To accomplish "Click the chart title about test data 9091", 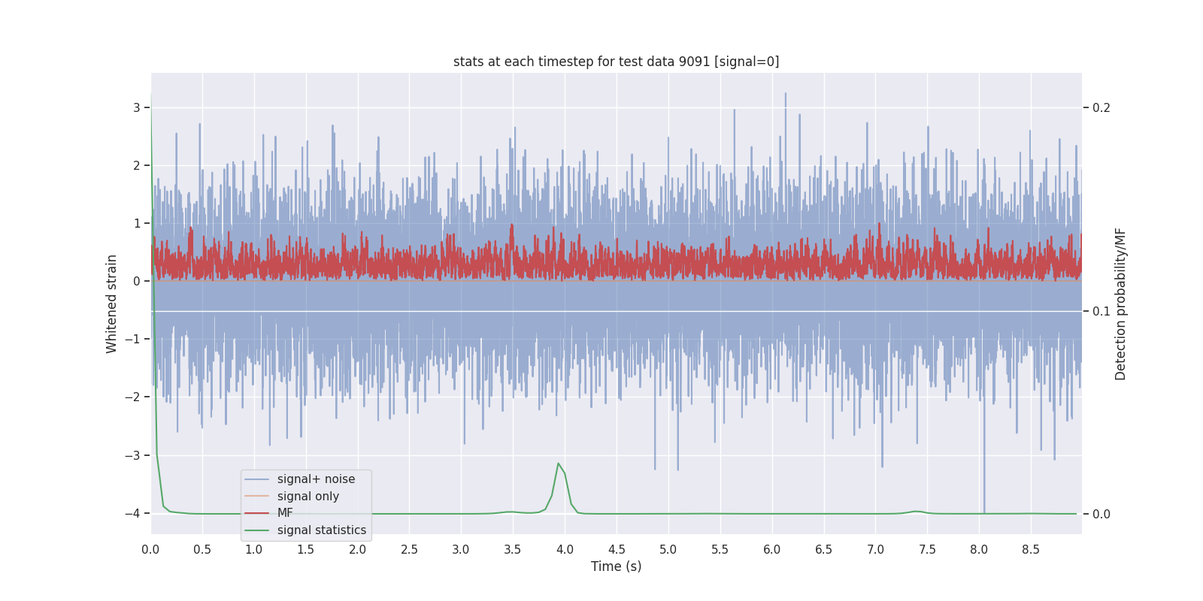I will [616, 62].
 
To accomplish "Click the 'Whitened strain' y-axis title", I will [112, 304].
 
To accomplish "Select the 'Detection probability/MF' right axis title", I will [1120, 304].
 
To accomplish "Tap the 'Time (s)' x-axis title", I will [616, 566].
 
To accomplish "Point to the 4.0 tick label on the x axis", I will [565, 549].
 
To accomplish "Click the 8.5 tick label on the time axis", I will [1031, 549].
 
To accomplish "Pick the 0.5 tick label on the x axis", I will [202, 549].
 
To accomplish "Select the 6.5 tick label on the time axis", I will [824, 549].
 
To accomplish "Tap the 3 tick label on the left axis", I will [137, 107].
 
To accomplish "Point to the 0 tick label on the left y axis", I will [137, 281].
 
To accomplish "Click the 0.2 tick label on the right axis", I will [1101, 107].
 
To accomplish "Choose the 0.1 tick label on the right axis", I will [1101, 311].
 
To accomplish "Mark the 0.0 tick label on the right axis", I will [1101, 514].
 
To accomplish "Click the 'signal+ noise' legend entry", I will [316, 479].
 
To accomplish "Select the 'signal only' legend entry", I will [308, 497].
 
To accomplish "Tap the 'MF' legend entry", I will [285, 513].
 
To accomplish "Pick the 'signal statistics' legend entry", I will [321, 530].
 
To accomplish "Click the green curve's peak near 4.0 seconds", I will [558, 464].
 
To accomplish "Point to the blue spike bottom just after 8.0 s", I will [984, 512].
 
